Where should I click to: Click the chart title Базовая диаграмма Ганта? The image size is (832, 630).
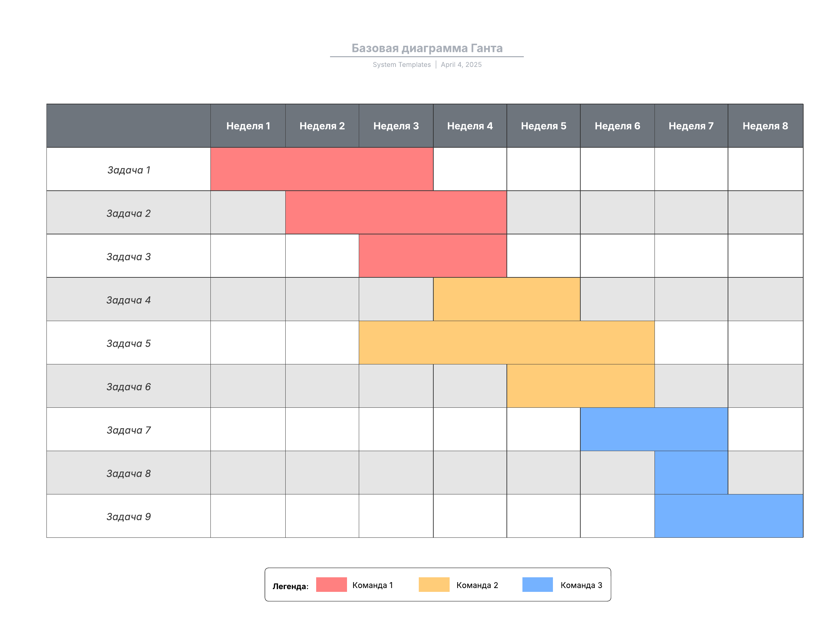426,48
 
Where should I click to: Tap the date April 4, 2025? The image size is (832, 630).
461,65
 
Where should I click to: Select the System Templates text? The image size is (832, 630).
401,65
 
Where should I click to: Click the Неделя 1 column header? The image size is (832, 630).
248,126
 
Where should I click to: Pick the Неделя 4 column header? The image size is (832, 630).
469,126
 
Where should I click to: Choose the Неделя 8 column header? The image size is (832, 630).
765,126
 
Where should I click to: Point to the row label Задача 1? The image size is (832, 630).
129,170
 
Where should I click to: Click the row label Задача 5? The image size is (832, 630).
129,343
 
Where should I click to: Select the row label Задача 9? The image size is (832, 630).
129,516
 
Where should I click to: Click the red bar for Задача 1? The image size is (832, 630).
322,169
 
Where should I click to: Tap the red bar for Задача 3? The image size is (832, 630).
433,256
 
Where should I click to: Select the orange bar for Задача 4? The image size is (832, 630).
506,299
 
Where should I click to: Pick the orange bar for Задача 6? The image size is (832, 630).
580,386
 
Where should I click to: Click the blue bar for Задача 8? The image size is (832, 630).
691,472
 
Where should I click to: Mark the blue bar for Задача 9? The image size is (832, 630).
729,516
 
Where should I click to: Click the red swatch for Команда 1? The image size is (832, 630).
331,585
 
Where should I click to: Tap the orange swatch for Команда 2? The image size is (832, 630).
434,585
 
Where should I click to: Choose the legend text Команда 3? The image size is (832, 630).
581,585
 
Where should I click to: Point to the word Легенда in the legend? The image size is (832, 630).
290,586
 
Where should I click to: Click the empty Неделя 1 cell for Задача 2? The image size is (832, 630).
248,213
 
